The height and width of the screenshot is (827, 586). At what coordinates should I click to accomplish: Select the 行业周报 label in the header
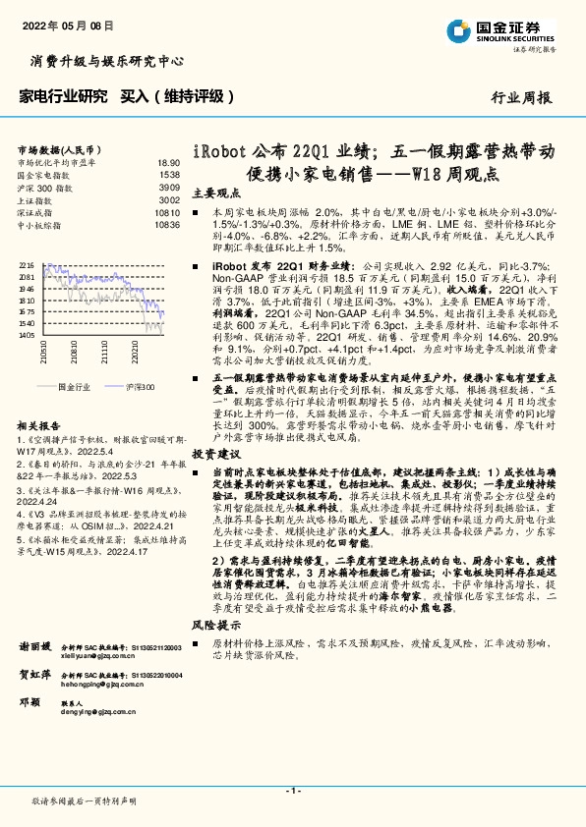click(x=522, y=98)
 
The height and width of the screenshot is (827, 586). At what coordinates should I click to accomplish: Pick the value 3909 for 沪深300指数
click(x=170, y=187)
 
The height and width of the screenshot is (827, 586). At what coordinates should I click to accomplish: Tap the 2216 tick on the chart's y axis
click(x=26, y=265)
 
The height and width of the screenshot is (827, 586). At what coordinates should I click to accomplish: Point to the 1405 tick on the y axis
click(x=26, y=336)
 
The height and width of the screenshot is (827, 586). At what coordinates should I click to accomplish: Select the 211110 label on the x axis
click(x=103, y=352)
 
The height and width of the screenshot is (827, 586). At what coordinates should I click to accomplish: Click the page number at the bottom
click(x=292, y=790)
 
